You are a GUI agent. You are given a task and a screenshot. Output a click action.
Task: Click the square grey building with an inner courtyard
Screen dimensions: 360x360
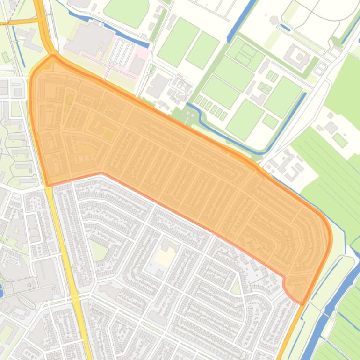tap(297, 56)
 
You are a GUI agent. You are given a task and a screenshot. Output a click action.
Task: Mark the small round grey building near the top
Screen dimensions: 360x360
tap(274, 20)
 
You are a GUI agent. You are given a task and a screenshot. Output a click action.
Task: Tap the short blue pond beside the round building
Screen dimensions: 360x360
tap(284, 28)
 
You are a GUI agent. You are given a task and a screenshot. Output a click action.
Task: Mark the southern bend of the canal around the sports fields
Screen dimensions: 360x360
tap(262, 152)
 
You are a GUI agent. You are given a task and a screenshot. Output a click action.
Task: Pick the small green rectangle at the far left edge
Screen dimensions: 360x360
tap(5, 57)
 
